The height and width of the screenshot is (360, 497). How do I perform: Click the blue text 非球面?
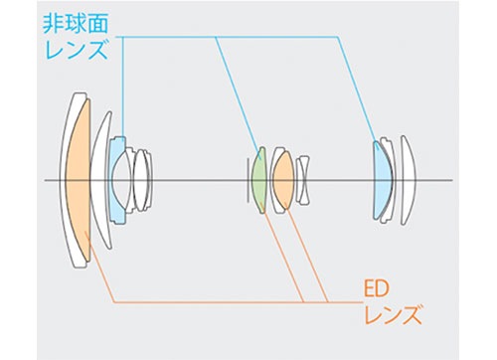pyautogui.click(x=76, y=23)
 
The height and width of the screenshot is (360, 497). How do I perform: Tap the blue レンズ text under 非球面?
pyautogui.click(x=77, y=49)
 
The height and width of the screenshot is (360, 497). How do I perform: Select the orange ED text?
pyautogui.click(x=376, y=289)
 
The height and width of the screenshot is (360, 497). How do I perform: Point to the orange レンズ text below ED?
pyautogui.click(x=393, y=314)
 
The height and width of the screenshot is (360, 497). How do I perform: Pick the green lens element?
pyautogui.click(x=259, y=180)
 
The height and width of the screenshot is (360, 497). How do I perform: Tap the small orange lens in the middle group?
pyautogui.click(x=283, y=180)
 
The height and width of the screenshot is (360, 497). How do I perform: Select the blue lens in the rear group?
pyautogui.click(x=382, y=180)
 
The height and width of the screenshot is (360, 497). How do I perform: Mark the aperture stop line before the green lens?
pyautogui.click(x=248, y=180)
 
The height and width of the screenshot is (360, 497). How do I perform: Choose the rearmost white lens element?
pyautogui.click(x=409, y=180)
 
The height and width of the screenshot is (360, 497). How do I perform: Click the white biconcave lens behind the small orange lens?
pyautogui.click(x=303, y=180)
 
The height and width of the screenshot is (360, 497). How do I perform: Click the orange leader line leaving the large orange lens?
pyautogui.click(x=99, y=267)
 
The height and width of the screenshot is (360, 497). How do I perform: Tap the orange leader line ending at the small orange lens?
pyautogui.click(x=306, y=256)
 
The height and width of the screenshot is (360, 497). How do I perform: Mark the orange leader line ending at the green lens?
pyautogui.click(x=282, y=256)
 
